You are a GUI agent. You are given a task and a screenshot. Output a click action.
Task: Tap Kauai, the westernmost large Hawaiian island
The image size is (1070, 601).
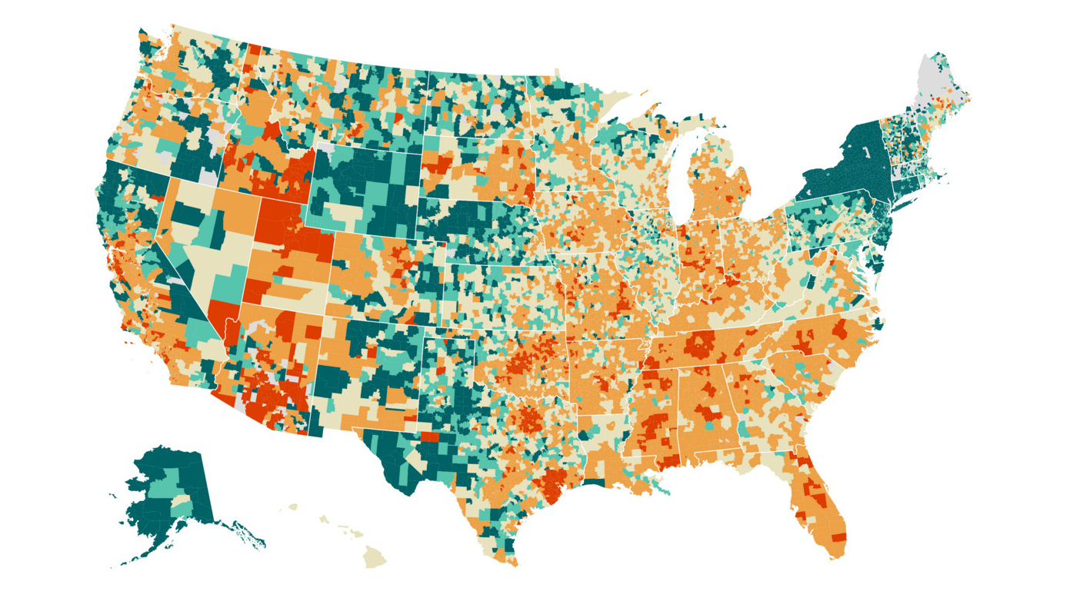[x=292, y=507]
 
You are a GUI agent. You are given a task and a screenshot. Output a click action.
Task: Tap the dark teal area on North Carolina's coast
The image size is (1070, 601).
[x=877, y=323]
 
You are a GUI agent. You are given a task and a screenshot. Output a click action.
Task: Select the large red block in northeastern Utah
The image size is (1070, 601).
[x=280, y=219]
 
